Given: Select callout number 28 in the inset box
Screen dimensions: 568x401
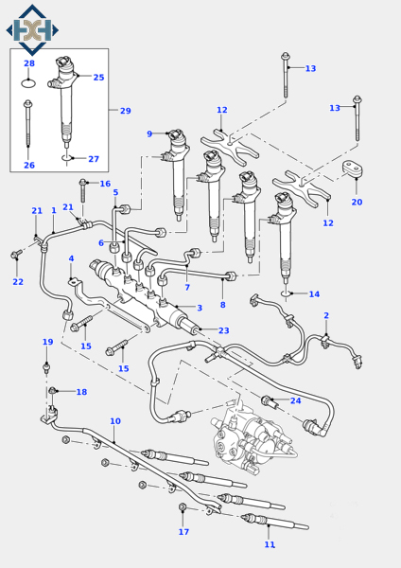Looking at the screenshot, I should coord(28,63).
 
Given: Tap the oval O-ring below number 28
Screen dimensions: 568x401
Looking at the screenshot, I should coord(28,82).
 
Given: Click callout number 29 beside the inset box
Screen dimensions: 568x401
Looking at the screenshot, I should coord(125,111).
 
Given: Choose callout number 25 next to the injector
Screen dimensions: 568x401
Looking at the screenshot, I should coord(98,78).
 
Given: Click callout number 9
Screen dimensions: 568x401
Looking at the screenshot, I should coord(148,134).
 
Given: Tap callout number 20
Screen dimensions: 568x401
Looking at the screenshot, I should coord(357,202).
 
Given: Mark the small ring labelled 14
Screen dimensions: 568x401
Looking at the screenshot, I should coord(288,294).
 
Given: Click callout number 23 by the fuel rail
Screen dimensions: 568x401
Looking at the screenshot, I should coord(223,330).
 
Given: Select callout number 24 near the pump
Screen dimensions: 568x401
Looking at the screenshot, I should coord(295,400).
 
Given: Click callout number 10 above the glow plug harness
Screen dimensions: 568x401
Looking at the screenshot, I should coord(114,421).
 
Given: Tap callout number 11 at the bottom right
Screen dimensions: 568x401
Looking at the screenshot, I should coord(270,544).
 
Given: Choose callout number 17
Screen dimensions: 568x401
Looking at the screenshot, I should coord(183,531).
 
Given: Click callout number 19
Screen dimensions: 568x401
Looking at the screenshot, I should coord(47,342).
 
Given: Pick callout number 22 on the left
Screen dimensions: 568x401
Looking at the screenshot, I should coord(18,281).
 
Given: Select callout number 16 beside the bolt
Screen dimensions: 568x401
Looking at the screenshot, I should coord(131,184).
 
